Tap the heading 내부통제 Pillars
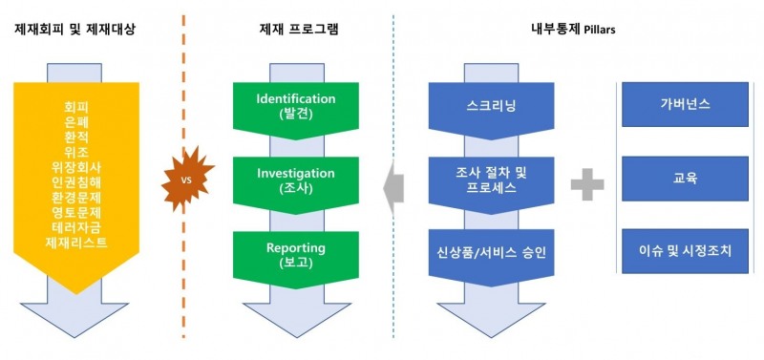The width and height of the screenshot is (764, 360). coord(573,30)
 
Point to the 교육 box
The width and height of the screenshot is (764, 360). coord(685,178)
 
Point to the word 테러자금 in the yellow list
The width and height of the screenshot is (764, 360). coord(75,226)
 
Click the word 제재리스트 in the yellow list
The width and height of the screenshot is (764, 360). coord(75,243)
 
